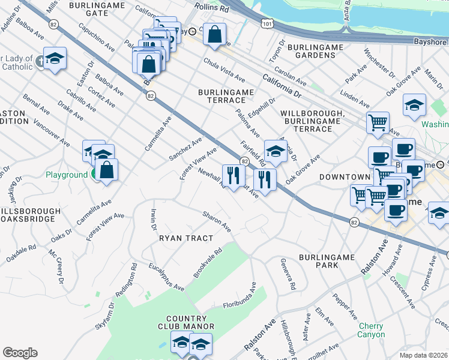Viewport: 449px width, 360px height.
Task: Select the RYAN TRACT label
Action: (x=186, y=238)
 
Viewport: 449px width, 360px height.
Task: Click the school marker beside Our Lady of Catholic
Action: (x=55, y=59)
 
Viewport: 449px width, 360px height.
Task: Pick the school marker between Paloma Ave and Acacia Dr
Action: (x=276, y=151)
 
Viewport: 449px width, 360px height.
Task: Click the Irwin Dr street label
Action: (x=153, y=220)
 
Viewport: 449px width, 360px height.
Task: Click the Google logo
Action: (x=20, y=353)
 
